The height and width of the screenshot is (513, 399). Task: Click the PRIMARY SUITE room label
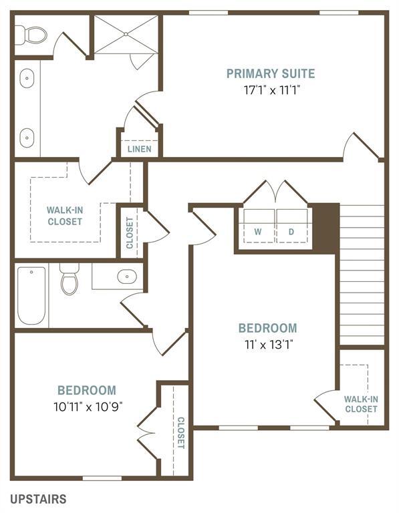click(x=270, y=73)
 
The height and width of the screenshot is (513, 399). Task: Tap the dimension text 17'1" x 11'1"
click(x=270, y=90)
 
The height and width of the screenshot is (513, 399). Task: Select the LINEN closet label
click(x=140, y=149)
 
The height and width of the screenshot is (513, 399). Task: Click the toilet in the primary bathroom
click(x=31, y=34)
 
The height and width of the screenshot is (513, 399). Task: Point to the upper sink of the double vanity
click(x=27, y=79)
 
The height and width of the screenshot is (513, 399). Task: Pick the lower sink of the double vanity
click(x=27, y=137)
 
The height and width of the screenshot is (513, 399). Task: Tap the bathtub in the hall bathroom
click(x=31, y=295)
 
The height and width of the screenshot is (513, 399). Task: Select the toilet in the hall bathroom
click(x=70, y=281)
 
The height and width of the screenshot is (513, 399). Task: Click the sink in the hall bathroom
click(x=126, y=276)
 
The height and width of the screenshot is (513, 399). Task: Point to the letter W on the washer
click(x=257, y=232)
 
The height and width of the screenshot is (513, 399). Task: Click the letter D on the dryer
click(x=291, y=232)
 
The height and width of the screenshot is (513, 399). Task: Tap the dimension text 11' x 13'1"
click(x=267, y=345)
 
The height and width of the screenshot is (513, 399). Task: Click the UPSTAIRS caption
click(x=38, y=499)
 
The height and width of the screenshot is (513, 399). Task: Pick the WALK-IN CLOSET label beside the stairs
click(x=361, y=403)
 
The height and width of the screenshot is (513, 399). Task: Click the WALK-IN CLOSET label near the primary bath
click(x=65, y=215)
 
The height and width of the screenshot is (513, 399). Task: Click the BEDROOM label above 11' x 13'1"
click(x=267, y=328)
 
